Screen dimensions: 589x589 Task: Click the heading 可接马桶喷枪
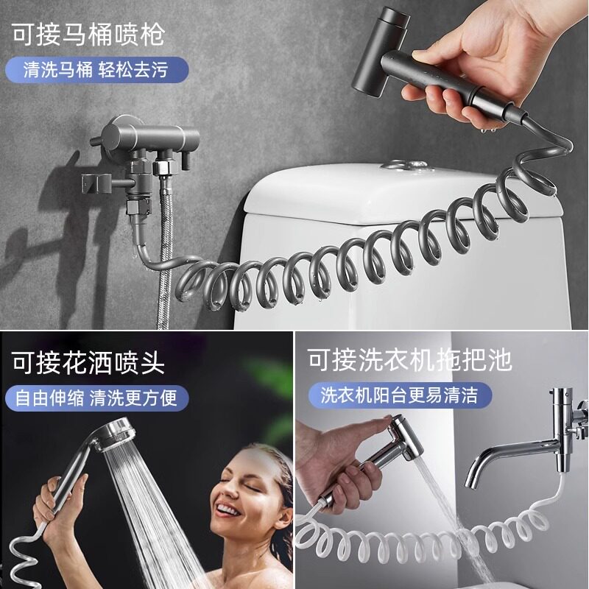click(x=87, y=33)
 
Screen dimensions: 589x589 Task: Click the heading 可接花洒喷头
click(x=87, y=362)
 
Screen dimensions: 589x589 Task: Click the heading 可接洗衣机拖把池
click(x=409, y=361)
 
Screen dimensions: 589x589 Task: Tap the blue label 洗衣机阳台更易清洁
click(x=398, y=395)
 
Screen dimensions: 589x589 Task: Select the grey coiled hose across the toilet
click(x=353, y=258)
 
